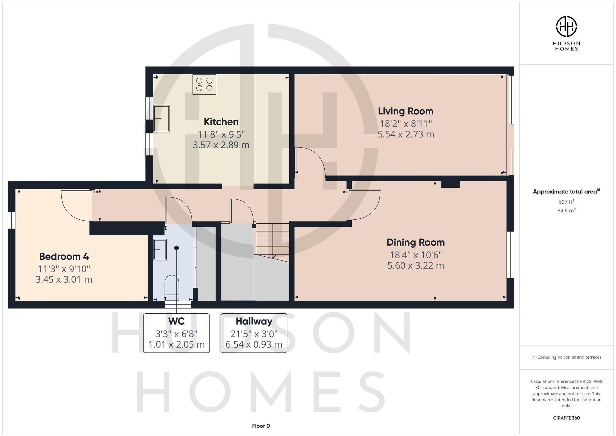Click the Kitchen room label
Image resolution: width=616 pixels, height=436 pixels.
tap(221, 122)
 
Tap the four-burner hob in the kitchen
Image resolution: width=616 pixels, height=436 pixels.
tap(204, 84)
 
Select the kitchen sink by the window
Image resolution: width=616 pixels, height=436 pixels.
tap(162, 119)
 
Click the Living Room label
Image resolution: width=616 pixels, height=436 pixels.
tap(406, 111)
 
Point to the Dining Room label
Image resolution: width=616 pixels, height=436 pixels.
tap(415, 242)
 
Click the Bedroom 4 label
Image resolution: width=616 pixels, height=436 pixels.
tap(64, 256)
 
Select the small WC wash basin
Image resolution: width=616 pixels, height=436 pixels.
tap(160, 249)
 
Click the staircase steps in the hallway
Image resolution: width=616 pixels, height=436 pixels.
tap(272, 240)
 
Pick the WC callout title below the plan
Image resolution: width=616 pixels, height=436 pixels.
tap(176, 321)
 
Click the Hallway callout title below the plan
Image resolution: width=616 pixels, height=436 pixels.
tap(254, 321)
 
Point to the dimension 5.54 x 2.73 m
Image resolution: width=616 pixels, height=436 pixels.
tap(406, 134)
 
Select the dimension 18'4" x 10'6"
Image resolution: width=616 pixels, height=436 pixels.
tap(415, 255)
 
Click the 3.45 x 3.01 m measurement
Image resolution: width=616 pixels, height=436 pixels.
tap(64, 279)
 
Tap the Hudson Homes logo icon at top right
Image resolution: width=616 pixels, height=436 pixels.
tap(566, 26)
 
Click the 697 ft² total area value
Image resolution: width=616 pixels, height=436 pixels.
tap(566, 202)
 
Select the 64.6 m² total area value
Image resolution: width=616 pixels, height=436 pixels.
tap(566, 211)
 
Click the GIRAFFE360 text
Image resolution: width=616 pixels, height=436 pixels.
tap(566, 418)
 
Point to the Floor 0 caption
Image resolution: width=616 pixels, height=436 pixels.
tap(261, 426)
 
